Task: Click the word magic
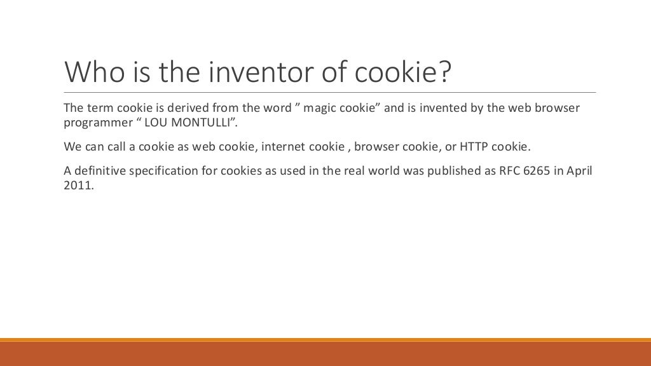coord(321,107)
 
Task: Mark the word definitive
coord(100,172)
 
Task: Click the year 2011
coord(77,187)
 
